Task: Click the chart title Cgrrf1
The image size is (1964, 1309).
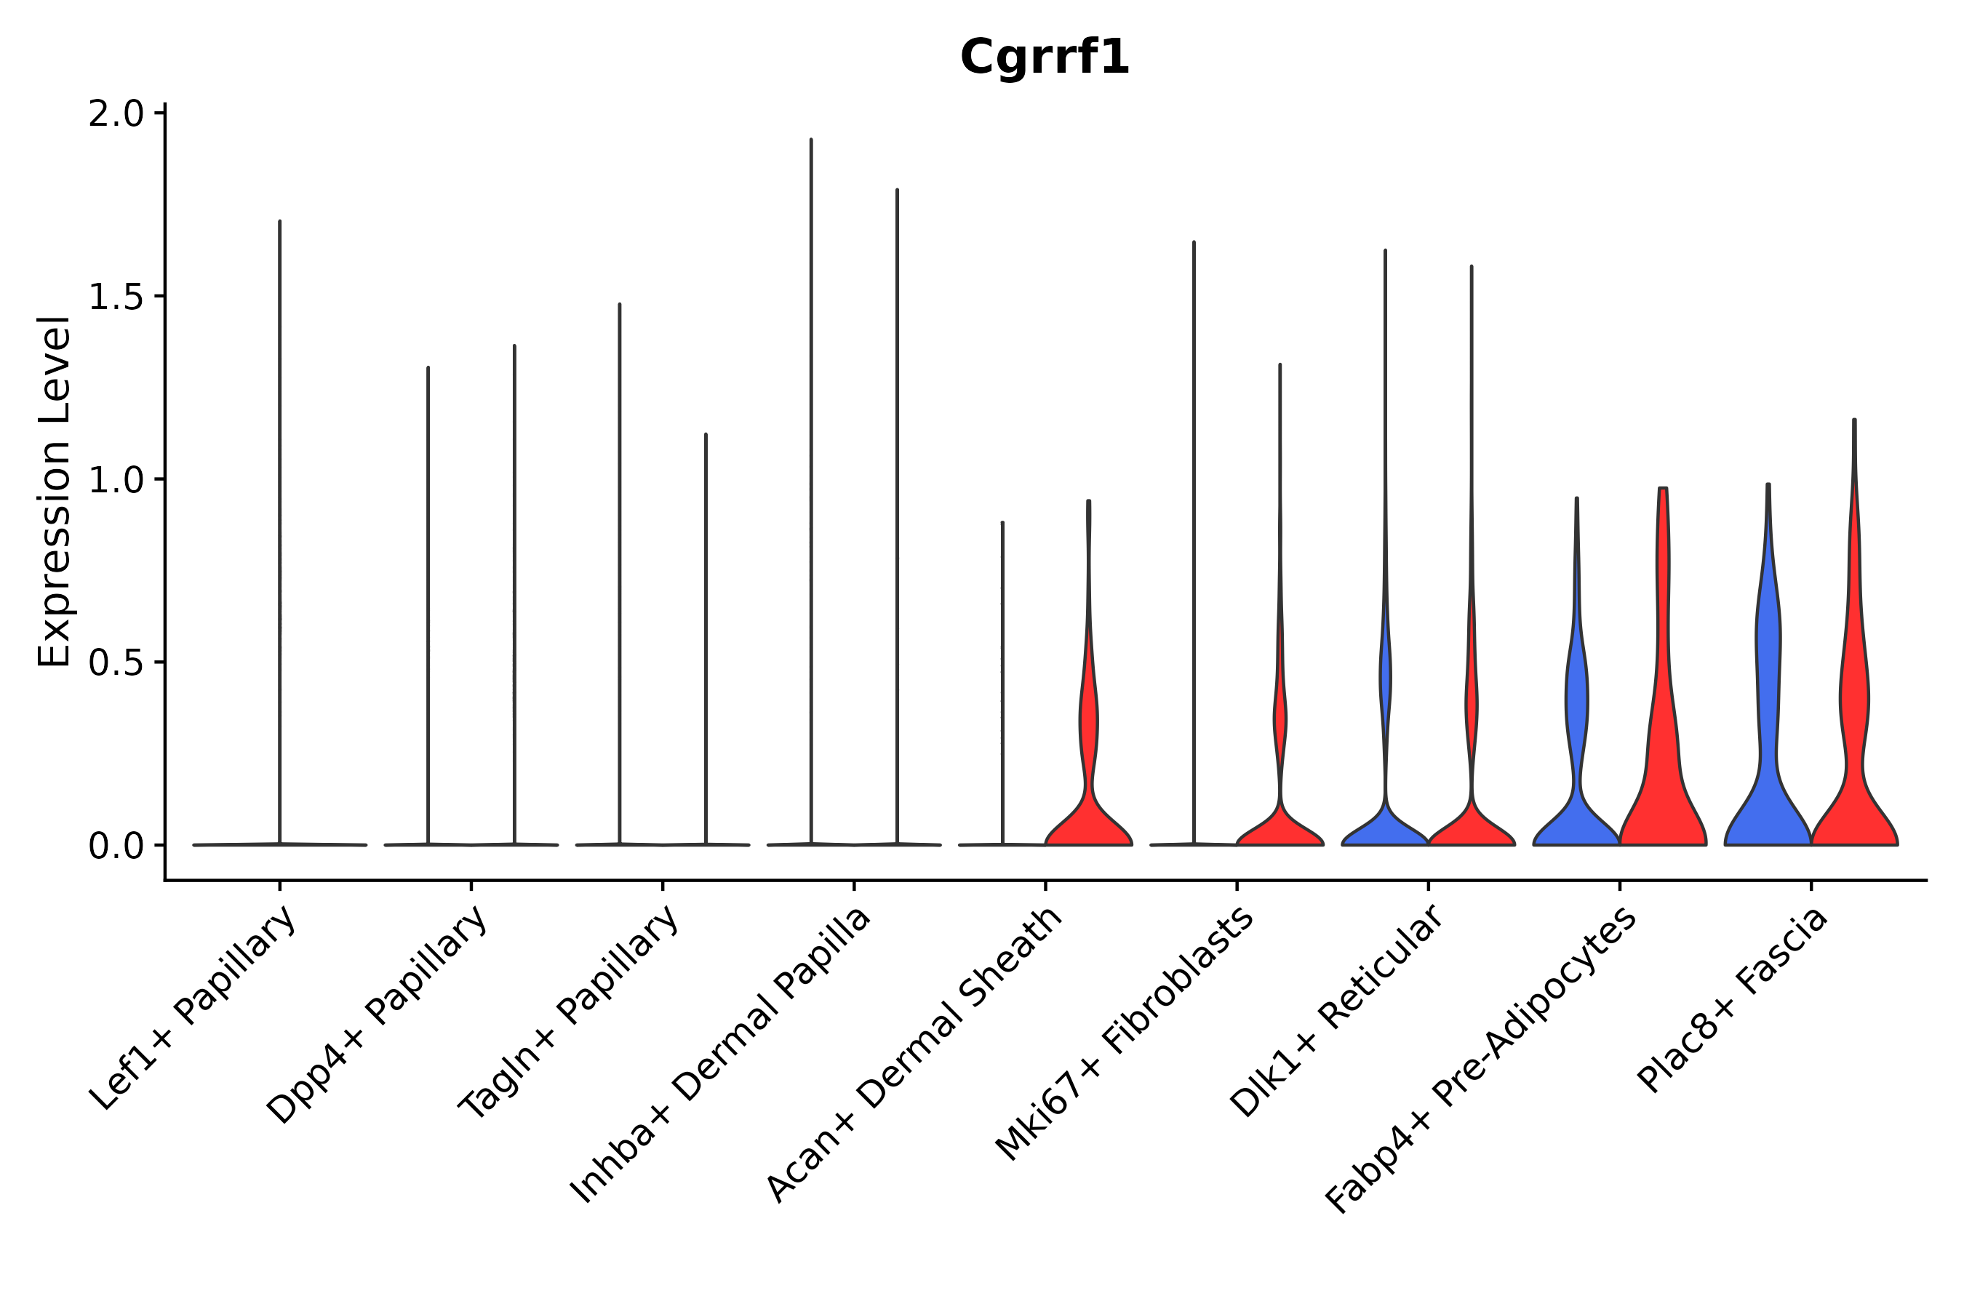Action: click(1045, 57)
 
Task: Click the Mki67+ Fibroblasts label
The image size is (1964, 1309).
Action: click(1125, 1033)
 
